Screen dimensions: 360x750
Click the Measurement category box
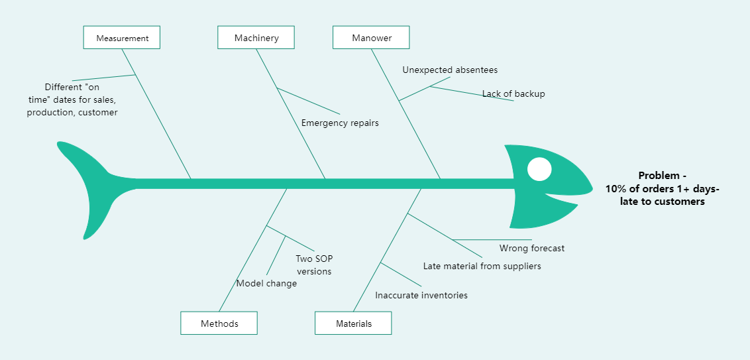coord(122,38)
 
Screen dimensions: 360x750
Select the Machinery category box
coord(256,38)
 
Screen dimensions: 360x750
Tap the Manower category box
coord(371,38)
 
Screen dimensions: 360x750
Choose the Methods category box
coord(219,324)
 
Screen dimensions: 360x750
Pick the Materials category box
coord(353,324)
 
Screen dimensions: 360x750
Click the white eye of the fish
coord(539,169)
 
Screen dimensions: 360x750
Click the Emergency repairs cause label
coord(340,123)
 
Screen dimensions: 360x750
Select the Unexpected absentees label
coord(450,70)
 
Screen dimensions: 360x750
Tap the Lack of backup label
coord(513,93)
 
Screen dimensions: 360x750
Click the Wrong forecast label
coord(532,248)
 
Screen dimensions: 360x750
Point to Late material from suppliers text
coord(482,266)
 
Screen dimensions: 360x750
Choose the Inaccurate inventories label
coord(421,295)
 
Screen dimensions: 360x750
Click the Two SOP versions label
coord(314,265)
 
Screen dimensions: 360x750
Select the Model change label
coord(266,283)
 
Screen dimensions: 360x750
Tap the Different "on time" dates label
coord(72,99)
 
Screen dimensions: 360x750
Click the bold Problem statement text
coord(662,188)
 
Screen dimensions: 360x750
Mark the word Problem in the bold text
coord(658,176)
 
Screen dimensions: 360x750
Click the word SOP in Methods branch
coord(323,259)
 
